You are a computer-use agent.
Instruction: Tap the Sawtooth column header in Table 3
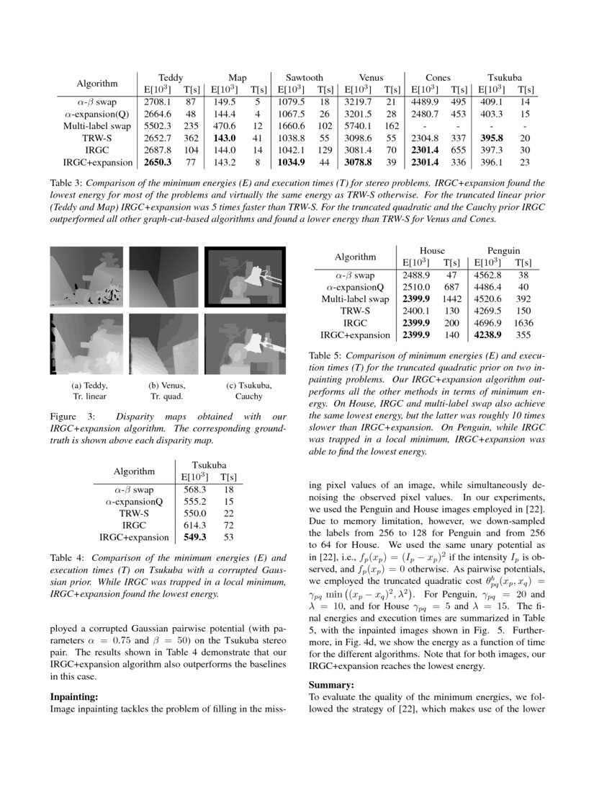pyautogui.click(x=304, y=77)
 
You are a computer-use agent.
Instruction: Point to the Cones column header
pyautogui.click(x=438, y=77)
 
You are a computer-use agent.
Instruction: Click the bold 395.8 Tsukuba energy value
pyautogui.click(x=493, y=137)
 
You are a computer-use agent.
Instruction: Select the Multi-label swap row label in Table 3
pyautogui.click(x=96, y=125)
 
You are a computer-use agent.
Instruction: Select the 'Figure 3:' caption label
pyautogui.click(x=70, y=417)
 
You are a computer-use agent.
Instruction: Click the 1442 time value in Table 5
pyautogui.click(x=452, y=299)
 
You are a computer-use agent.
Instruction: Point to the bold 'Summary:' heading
pyautogui.click(x=332, y=685)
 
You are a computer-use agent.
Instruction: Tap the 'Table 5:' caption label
pyautogui.click(x=327, y=356)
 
